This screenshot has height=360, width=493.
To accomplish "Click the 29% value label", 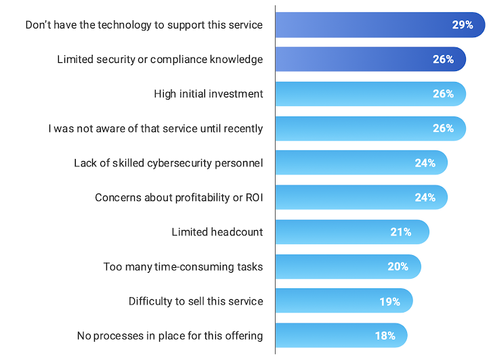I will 463,25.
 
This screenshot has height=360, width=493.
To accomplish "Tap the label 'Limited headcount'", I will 217,232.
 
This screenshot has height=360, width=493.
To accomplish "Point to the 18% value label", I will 385,336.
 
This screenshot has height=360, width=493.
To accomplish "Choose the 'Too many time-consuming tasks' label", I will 183,267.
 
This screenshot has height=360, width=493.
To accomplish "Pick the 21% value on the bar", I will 401,232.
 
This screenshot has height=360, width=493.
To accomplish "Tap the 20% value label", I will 398,267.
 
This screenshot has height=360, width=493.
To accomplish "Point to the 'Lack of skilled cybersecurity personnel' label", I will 169,163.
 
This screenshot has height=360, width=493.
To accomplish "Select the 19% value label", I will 389,301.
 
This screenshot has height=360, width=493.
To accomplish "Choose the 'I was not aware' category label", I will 156,129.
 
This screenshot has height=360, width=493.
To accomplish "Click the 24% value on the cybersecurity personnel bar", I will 425,163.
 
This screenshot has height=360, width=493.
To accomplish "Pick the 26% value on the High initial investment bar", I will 443,94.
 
